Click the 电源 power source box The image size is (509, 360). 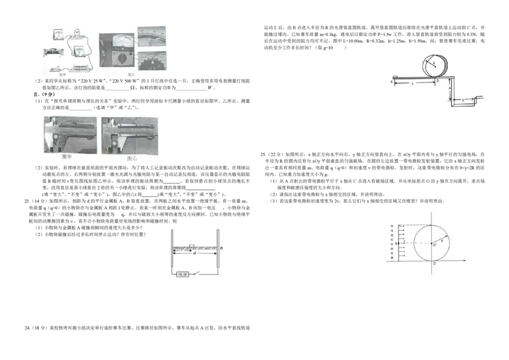[183, 273]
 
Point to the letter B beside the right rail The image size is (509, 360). [221, 247]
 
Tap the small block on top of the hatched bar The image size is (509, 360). [192, 246]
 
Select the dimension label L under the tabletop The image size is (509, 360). [414, 83]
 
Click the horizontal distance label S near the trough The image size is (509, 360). [463, 99]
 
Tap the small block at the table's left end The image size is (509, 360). [396, 76]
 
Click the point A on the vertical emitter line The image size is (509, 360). [396, 244]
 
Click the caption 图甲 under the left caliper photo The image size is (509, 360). [67, 157]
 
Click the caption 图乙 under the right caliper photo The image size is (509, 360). [132, 157]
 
